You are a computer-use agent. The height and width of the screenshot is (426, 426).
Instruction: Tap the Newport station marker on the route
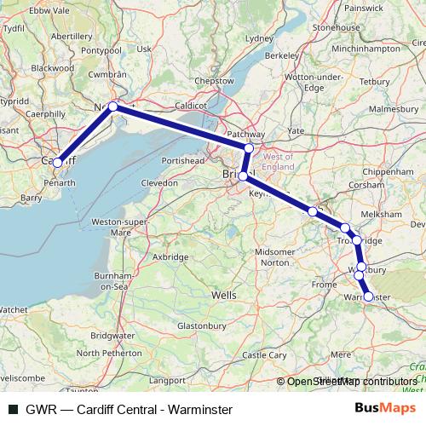coord(112,106)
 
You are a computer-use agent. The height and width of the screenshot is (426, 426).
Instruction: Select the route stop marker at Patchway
coord(249,148)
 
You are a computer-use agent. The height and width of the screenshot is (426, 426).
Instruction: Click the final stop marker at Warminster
coord(368,297)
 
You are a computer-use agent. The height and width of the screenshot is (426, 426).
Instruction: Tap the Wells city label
coord(223,295)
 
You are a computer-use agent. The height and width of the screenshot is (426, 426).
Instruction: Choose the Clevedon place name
coord(159,182)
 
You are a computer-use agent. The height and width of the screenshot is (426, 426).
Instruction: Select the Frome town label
coord(325,284)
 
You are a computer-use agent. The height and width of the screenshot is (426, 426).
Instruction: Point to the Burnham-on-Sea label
coord(108,282)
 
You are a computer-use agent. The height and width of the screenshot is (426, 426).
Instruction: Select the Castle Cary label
coord(266,354)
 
